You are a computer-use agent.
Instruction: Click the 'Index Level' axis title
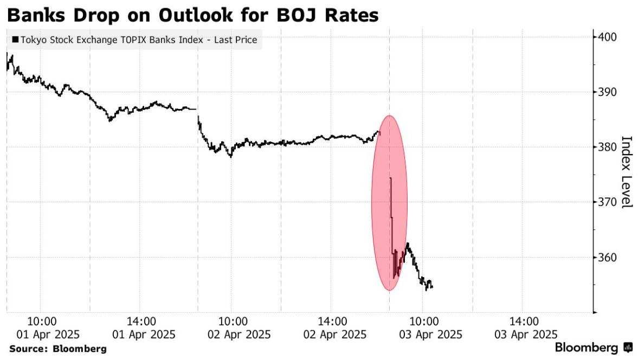tap(627, 172)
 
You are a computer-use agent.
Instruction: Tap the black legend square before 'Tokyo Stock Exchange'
tap(15, 40)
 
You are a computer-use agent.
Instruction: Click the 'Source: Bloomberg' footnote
tap(57, 348)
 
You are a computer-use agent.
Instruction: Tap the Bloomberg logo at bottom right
tap(594, 347)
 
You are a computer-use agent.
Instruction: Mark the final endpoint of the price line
tap(432, 287)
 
